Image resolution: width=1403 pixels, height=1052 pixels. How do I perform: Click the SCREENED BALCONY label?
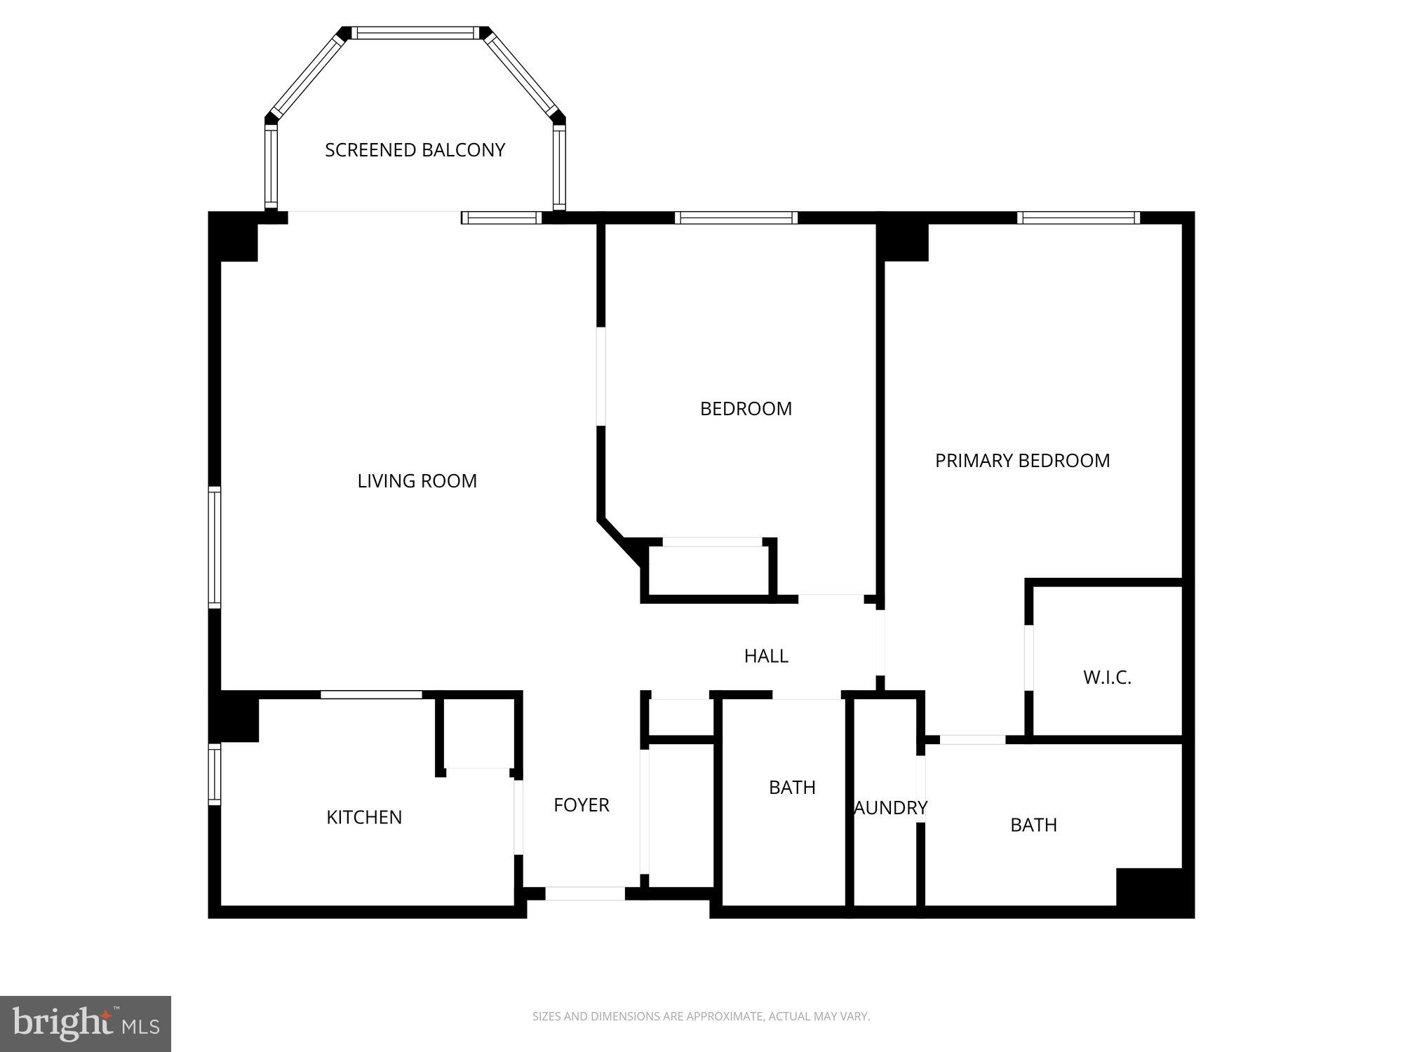(415, 150)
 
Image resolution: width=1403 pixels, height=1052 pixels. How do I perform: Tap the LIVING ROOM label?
(417, 481)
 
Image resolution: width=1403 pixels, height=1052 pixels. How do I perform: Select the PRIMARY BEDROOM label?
(1022, 461)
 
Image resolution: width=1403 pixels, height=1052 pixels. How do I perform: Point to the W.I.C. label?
(1107, 677)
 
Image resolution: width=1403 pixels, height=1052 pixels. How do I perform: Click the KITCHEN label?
(364, 817)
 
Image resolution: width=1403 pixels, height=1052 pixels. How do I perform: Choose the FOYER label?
(581, 805)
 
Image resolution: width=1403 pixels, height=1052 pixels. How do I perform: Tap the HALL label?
(766, 656)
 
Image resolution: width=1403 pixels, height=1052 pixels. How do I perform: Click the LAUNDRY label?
(890, 808)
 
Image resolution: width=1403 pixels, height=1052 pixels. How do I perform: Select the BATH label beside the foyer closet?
(792, 788)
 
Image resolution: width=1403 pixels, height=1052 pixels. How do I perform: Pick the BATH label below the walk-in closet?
(1033, 825)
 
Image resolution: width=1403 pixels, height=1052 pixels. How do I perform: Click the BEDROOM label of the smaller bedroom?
(746, 409)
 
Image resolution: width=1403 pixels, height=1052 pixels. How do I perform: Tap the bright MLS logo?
(86, 1023)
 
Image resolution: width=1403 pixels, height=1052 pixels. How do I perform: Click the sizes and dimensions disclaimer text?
(701, 1016)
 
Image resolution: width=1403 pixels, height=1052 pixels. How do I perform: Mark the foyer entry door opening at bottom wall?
(585, 893)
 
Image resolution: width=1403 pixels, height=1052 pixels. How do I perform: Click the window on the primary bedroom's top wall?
(1078, 218)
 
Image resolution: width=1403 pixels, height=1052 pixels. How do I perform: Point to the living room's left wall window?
(215, 546)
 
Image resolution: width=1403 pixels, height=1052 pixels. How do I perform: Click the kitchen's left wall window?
(215, 774)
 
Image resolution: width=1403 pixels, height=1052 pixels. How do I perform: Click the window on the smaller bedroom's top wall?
(736, 218)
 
